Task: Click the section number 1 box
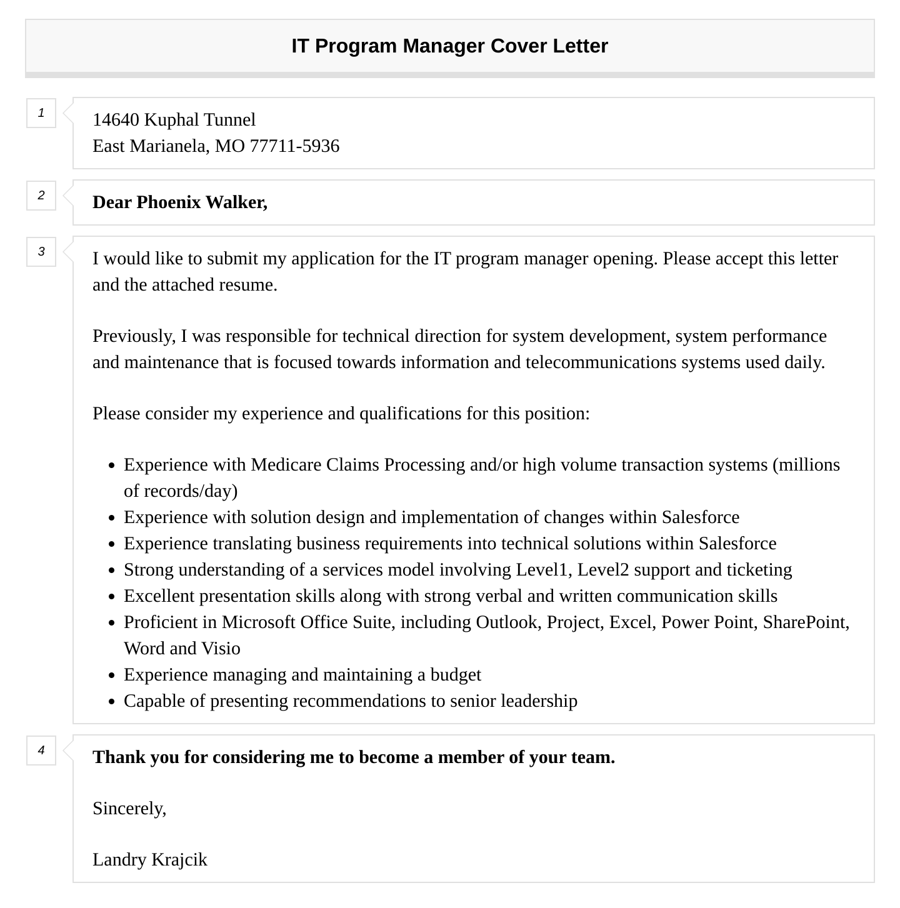point(41,113)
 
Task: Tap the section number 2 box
point(41,196)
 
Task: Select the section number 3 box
point(41,252)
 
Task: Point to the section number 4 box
point(41,751)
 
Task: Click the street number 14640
point(116,119)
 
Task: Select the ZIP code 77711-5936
point(294,146)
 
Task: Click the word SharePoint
point(804,622)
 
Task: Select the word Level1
point(543,570)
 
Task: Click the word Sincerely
point(129,809)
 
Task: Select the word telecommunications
point(601,362)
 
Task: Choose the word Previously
point(134,336)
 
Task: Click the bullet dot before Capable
point(111,702)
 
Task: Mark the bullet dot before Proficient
point(111,623)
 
